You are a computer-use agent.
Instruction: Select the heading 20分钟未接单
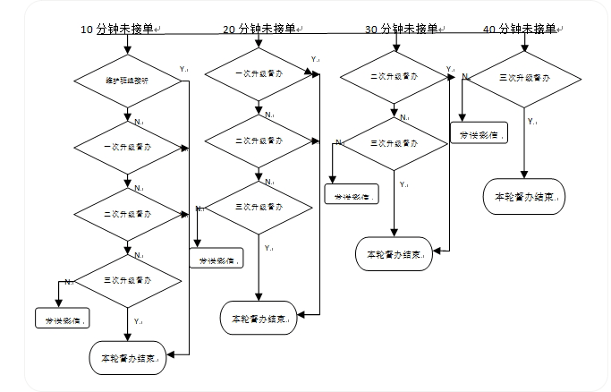click(260, 30)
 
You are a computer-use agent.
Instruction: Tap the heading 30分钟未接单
click(402, 29)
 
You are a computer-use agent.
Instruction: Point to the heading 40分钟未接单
click(520, 29)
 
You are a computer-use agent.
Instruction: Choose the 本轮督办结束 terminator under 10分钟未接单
click(127, 358)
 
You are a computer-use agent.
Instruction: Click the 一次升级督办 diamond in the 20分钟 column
click(259, 73)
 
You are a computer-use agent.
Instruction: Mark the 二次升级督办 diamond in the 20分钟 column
click(259, 141)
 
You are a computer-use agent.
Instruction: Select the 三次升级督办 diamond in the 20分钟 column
click(259, 207)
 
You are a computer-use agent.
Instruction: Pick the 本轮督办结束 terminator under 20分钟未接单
click(259, 318)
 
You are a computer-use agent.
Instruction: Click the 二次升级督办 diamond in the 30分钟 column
click(395, 77)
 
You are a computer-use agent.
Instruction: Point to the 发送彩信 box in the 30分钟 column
click(352, 194)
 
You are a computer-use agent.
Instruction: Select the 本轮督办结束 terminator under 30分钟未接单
click(395, 253)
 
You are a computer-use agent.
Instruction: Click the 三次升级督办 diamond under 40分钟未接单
click(524, 80)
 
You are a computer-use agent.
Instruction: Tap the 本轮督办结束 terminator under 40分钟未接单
click(524, 197)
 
